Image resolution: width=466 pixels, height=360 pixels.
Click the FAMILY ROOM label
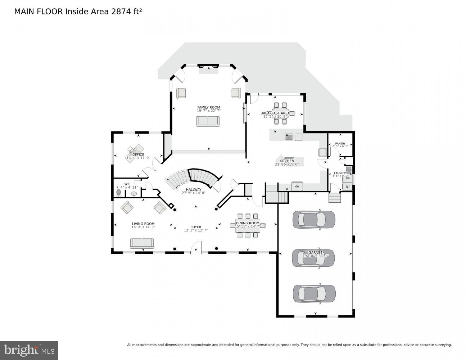click(x=208, y=107)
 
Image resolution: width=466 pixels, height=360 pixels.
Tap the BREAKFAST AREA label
click(x=275, y=113)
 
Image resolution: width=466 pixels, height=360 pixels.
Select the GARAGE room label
click(x=315, y=252)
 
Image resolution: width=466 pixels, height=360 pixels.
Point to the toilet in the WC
click(x=119, y=193)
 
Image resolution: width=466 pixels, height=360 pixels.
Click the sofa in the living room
click(x=142, y=243)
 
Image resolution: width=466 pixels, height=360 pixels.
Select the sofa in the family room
click(x=208, y=121)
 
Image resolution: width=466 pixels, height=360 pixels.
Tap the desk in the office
click(x=135, y=150)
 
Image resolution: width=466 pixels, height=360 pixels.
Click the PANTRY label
click(x=340, y=143)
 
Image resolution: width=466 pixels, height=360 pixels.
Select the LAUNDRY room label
click(x=340, y=173)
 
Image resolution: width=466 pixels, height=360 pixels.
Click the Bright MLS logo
click(x=29, y=350)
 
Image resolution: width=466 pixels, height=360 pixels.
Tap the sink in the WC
click(x=134, y=193)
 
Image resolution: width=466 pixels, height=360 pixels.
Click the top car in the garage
click(x=314, y=219)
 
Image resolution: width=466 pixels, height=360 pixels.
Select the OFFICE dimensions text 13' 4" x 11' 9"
click(x=138, y=158)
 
